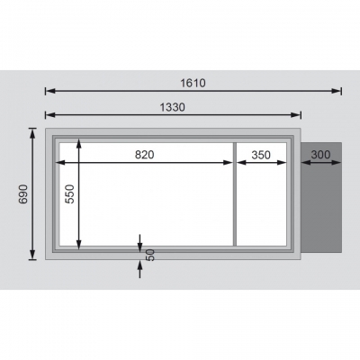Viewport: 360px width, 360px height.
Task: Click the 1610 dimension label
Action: [x=193, y=83]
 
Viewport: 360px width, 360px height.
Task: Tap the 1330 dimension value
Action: [x=173, y=107]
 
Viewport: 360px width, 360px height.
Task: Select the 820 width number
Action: [x=144, y=155]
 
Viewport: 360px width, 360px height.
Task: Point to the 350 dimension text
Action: [x=261, y=155]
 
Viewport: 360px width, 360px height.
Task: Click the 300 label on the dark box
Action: [x=320, y=155]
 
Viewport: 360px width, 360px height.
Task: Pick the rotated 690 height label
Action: [x=23, y=194]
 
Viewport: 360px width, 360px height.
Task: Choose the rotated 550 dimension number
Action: [x=70, y=194]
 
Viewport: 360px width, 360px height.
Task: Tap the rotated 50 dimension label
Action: [x=151, y=255]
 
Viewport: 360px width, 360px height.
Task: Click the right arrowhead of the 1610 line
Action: [x=336, y=91]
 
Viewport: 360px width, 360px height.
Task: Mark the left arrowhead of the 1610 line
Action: [x=50, y=91]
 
